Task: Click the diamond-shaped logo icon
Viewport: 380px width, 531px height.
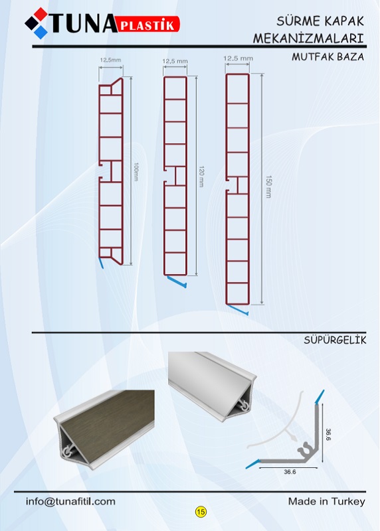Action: pos(37,23)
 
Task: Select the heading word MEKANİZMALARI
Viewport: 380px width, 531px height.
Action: pos(308,38)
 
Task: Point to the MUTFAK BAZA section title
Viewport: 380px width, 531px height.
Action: pos(328,56)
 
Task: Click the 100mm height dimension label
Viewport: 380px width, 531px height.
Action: pos(136,172)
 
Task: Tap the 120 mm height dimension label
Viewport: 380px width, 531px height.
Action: pos(201,177)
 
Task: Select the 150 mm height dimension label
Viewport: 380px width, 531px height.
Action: pos(268,187)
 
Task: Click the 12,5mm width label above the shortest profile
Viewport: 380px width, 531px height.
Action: pos(110,60)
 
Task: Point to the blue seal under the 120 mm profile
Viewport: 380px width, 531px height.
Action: pos(177,281)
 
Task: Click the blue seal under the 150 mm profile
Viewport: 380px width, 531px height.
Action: pos(238,310)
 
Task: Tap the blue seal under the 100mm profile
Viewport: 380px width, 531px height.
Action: pos(100,263)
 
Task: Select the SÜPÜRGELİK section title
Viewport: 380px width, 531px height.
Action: pos(335,340)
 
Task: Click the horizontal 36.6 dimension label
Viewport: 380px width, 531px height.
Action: pos(290,472)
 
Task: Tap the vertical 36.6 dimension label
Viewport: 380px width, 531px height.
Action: pos(328,435)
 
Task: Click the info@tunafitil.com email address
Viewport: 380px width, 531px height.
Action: pos(70,501)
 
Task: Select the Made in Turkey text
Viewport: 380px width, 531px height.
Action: pos(326,501)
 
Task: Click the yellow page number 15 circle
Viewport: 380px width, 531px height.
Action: pos(201,511)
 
